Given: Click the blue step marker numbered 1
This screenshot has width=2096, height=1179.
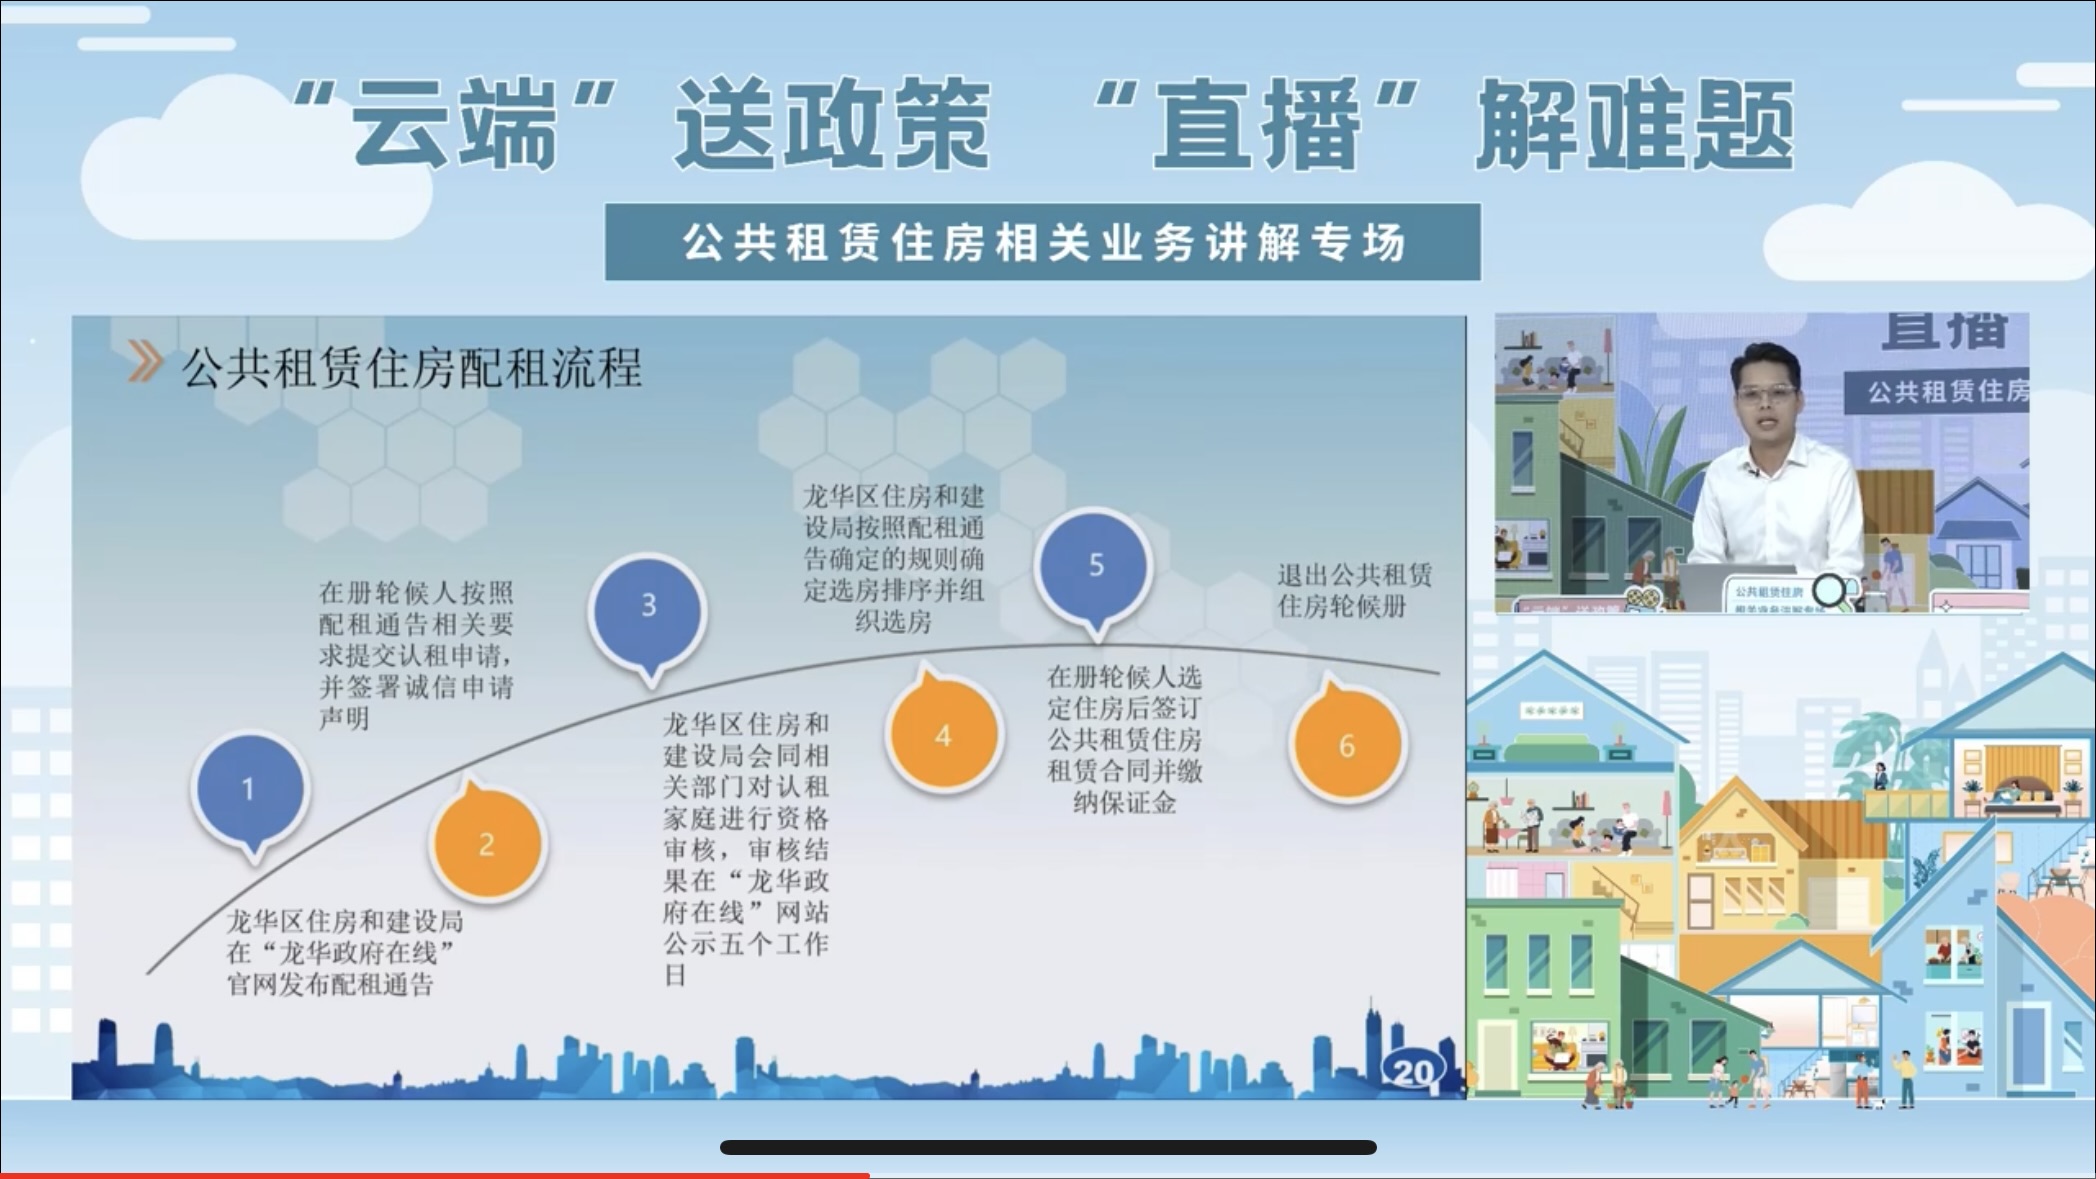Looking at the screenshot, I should pyautogui.click(x=250, y=788).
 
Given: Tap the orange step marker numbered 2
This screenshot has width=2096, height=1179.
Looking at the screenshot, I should pyautogui.click(x=487, y=843).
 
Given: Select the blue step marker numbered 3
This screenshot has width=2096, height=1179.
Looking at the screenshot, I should pyautogui.click(x=649, y=605).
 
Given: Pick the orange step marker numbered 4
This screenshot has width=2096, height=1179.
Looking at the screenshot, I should pyautogui.click(x=942, y=736).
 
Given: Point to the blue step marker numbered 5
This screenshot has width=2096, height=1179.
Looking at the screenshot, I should pyautogui.click(x=1095, y=565).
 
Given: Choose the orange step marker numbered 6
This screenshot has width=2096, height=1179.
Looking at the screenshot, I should pyautogui.click(x=1346, y=745).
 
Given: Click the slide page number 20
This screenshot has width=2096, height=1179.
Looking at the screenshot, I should pyautogui.click(x=1412, y=1072).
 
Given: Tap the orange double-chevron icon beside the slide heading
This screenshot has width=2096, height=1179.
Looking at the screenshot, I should pyautogui.click(x=145, y=362).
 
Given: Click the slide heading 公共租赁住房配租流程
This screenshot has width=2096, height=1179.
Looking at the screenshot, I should pyautogui.click(x=411, y=368).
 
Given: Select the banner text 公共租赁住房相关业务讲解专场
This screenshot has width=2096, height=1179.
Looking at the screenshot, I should pyautogui.click(x=1042, y=243).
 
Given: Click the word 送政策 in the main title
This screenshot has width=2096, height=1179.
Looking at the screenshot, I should pyautogui.click(x=832, y=125).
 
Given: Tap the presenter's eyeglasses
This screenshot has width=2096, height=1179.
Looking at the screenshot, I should pyautogui.click(x=1766, y=393).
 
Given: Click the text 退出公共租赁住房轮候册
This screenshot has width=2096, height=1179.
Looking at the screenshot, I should pyautogui.click(x=1353, y=590).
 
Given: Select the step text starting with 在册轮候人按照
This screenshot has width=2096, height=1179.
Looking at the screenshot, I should pyautogui.click(x=416, y=654).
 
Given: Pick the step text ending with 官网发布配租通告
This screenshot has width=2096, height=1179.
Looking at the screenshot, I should pyautogui.click(x=344, y=952).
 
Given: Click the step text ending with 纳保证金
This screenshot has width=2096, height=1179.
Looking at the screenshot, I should pyautogui.click(x=1124, y=739).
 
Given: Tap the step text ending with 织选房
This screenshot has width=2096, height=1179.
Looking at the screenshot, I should pyautogui.click(x=893, y=558).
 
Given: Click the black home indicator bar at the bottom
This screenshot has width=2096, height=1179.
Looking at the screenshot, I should pyautogui.click(x=1048, y=1147).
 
